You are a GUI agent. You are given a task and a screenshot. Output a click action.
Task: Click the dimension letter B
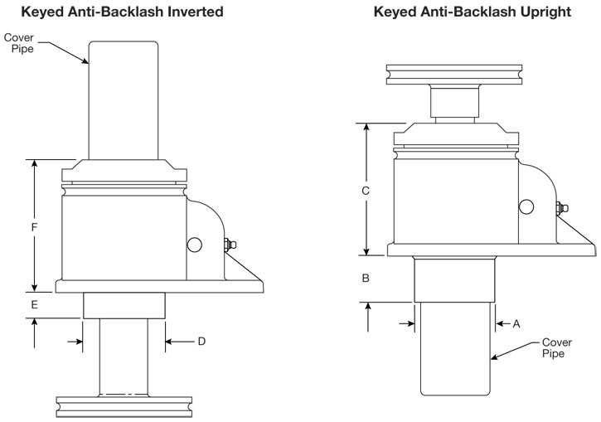[x=366, y=279]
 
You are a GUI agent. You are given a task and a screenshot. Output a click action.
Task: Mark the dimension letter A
[x=516, y=324]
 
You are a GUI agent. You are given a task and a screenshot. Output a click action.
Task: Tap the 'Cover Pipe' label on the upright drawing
[x=555, y=347]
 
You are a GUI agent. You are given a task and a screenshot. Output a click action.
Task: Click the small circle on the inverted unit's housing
[x=193, y=245]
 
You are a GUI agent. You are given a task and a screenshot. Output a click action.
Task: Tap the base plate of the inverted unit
[x=158, y=286]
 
